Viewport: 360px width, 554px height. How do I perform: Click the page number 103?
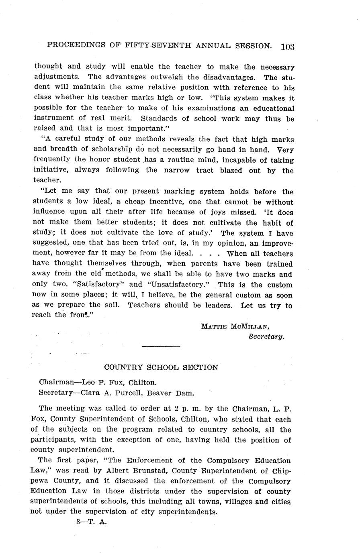(x=288, y=47)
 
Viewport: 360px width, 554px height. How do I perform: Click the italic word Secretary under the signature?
(x=266, y=336)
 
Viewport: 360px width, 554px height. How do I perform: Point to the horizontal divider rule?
(x=161, y=346)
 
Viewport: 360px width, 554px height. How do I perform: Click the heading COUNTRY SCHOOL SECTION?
(x=161, y=367)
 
